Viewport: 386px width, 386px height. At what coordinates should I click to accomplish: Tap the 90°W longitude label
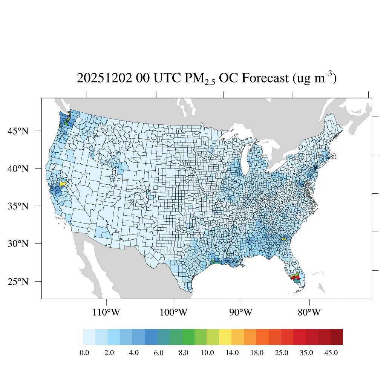coord(241,312)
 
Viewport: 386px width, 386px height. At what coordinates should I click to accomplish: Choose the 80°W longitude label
coord(309,312)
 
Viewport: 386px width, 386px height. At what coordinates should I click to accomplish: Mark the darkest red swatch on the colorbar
coord(337,337)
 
